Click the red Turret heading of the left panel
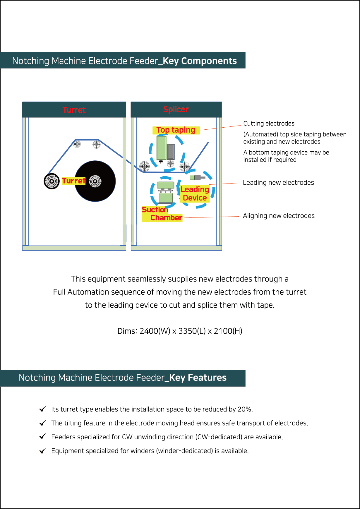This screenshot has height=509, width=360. click(74, 110)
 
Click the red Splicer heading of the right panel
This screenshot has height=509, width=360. click(176, 109)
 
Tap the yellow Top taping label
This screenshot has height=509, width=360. click(176, 130)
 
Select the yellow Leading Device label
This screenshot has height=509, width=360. click(195, 193)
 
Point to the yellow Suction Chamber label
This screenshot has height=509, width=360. click(162, 214)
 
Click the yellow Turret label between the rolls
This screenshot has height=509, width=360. click(73, 181)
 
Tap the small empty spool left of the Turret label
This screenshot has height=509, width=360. click(52, 181)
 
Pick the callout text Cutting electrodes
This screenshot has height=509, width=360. click(269, 124)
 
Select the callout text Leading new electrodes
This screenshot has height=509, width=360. click(278, 183)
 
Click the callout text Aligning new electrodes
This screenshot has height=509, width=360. click(279, 216)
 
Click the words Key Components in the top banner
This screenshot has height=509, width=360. click(200, 61)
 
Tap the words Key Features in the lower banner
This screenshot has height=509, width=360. click(198, 378)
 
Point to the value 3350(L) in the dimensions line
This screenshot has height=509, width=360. click(192, 331)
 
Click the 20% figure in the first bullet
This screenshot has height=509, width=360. click(245, 409)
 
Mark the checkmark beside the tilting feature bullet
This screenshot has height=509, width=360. click(42, 423)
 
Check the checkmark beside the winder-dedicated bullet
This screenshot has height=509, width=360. click(42, 451)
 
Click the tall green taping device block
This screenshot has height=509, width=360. click(161, 148)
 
